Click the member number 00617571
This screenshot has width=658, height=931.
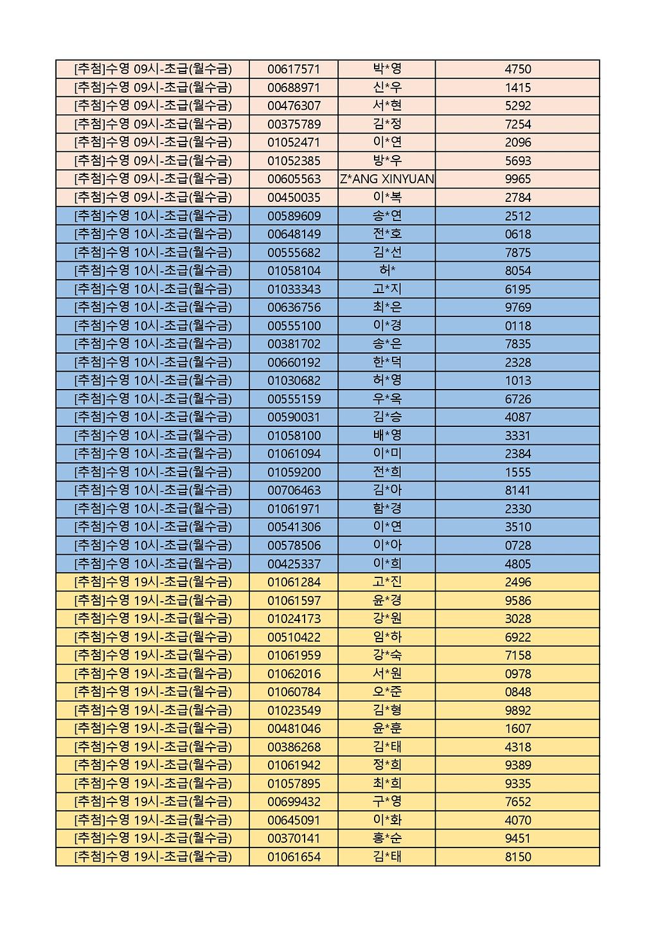(294, 69)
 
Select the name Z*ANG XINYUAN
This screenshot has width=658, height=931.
(387, 179)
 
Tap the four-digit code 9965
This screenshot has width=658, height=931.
(518, 179)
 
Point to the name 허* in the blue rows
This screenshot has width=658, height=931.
(387, 271)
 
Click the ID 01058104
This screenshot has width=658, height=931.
(294, 271)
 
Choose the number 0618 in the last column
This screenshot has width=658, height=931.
(518, 234)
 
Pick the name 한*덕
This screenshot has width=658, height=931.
(387, 363)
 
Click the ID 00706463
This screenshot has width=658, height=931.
(294, 491)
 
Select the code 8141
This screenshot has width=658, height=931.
(518, 491)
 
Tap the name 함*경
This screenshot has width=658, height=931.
(387, 509)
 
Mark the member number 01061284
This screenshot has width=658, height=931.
(294, 583)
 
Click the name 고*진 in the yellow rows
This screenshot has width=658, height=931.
(387, 583)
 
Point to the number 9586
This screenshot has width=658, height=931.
(518, 601)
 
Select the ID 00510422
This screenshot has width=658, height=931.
(294, 637)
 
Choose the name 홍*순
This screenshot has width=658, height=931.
(387, 838)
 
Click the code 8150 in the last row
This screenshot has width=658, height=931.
(518, 857)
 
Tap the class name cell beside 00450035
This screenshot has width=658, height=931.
(153, 197)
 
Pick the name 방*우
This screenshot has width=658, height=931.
(387, 161)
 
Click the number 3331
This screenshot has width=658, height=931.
(518, 436)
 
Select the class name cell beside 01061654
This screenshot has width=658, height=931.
(153, 857)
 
